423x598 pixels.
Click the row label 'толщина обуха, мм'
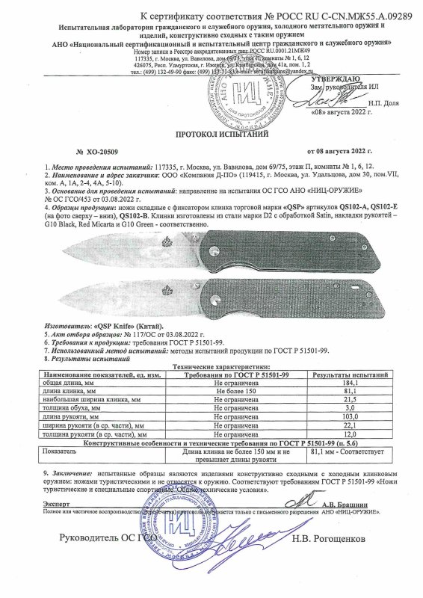[78, 408]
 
